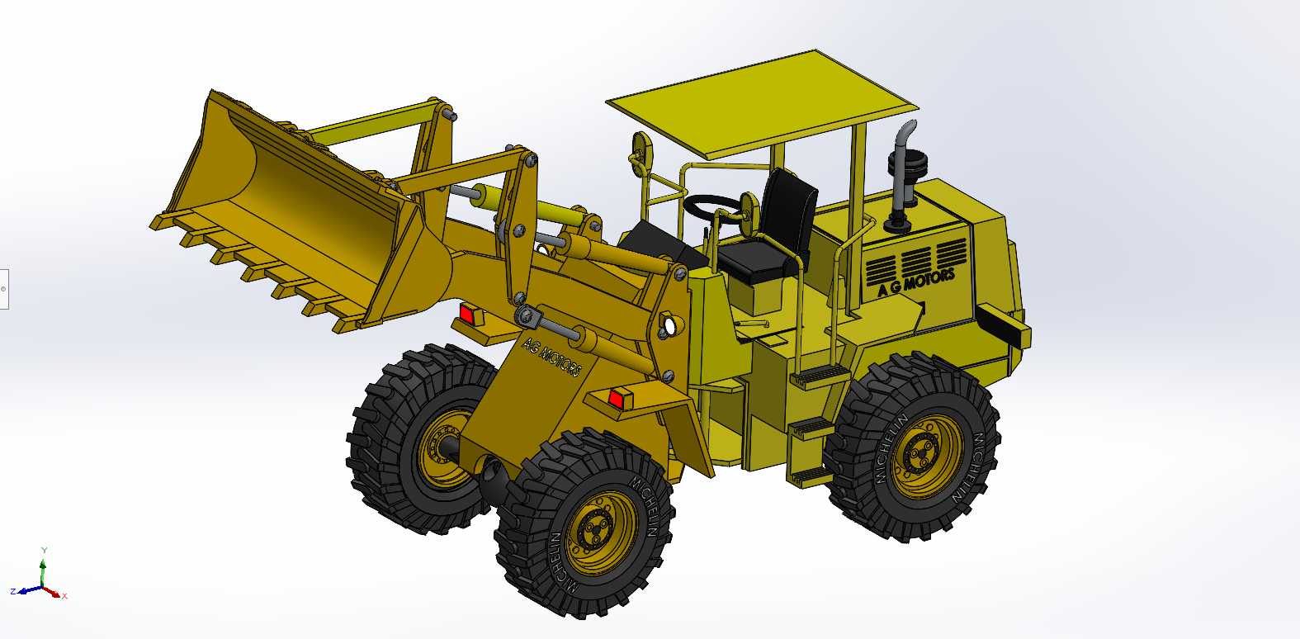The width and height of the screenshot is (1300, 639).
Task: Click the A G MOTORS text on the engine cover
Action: coord(916,282)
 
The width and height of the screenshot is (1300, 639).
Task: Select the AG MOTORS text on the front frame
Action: coord(551,357)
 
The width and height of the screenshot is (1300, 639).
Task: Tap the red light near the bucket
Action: coord(467,314)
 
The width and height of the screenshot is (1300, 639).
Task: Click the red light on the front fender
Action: coord(616,399)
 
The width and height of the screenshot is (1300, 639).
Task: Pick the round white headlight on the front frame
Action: coord(669,326)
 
